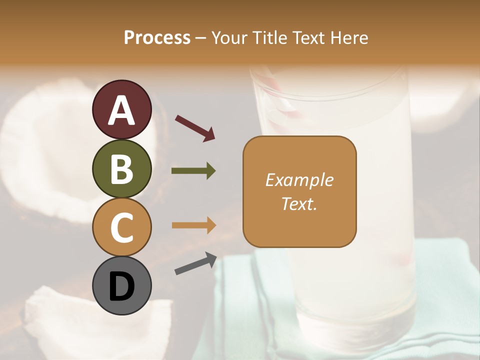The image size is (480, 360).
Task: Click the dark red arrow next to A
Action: [195, 128]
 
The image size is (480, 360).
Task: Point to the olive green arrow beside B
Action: [193, 171]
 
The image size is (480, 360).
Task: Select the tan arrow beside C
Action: [193, 225]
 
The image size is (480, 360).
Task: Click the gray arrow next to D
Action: [195, 263]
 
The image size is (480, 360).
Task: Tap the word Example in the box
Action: [299, 180]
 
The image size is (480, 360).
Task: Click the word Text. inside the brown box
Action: [299, 203]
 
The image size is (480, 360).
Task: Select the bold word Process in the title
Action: [157, 38]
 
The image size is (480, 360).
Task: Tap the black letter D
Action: [121, 286]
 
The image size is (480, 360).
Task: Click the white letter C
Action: [121, 227]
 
